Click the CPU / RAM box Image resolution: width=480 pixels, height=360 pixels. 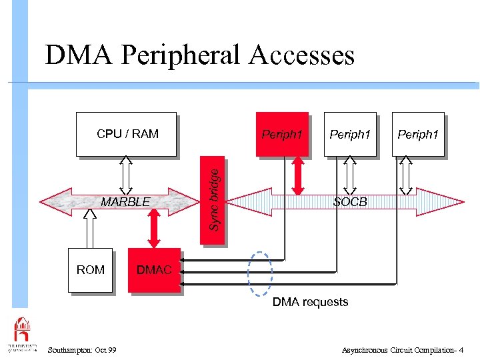pos(127,134)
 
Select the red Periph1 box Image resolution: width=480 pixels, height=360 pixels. pos(282,134)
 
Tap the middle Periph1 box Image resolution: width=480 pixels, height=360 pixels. pos(350,134)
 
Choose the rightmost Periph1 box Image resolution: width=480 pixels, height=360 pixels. pos(418,134)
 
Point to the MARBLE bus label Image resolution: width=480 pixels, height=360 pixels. pos(125,202)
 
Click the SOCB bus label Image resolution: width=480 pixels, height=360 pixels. pos(350,201)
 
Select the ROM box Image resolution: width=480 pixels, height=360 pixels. pos(90,270)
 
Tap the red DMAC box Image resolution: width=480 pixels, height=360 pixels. pos(154,270)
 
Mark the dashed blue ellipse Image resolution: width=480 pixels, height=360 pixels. pos(260,273)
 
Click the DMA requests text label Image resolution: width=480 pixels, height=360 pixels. pos(310,302)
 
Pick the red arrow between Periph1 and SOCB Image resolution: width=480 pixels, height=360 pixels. pos(298,175)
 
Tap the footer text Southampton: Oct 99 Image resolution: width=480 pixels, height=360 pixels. pos(83,350)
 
